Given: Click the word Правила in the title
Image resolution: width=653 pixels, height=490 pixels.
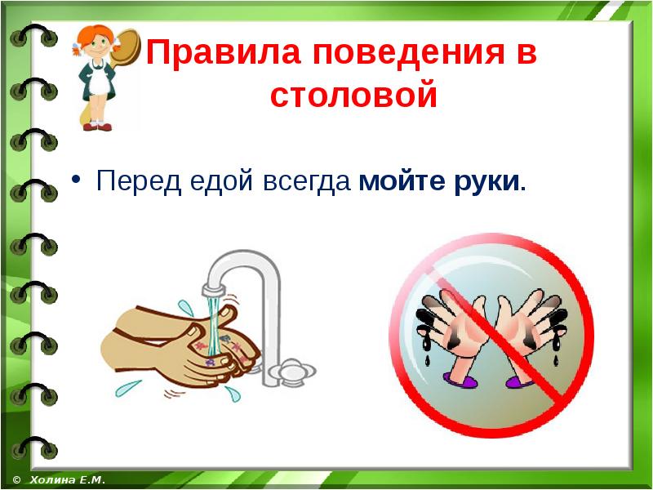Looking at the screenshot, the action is pos(223,52).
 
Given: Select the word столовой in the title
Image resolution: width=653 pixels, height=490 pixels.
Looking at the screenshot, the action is pos(353,95).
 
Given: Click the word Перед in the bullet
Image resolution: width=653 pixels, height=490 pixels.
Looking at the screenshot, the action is pos(139,181).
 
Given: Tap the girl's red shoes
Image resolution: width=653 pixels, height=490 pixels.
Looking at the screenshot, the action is pos(98,127).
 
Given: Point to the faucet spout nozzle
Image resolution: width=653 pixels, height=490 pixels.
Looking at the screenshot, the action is pos(214,289).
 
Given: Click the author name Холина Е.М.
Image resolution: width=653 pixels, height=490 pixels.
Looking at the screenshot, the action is pos(68,480).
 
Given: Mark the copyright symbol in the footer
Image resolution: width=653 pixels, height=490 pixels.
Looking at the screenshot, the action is pos(17,480).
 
